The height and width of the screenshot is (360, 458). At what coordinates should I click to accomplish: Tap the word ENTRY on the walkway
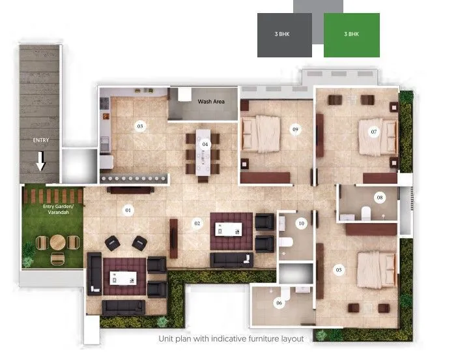(40, 140)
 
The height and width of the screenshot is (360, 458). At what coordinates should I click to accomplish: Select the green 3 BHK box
(351, 34)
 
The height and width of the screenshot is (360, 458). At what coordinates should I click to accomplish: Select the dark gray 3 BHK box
(285, 34)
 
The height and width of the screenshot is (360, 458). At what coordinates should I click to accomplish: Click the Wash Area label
(211, 102)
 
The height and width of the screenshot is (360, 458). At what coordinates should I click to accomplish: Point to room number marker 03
(139, 126)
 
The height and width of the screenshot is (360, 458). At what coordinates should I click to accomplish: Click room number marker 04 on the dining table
(205, 143)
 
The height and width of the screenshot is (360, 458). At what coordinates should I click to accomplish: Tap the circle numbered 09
(295, 130)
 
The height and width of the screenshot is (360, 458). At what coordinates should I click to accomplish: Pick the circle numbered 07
(374, 132)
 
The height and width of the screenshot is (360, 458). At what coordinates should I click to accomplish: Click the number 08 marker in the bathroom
(380, 197)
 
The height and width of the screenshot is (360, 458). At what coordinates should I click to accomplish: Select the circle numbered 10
(301, 224)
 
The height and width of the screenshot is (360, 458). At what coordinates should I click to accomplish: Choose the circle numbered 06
(279, 303)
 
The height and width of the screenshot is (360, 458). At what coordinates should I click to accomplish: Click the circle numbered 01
(128, 210)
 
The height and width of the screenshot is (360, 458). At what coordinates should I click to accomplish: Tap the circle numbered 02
(197, 224)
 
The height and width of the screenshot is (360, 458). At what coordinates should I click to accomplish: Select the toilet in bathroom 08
(365, 212)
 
